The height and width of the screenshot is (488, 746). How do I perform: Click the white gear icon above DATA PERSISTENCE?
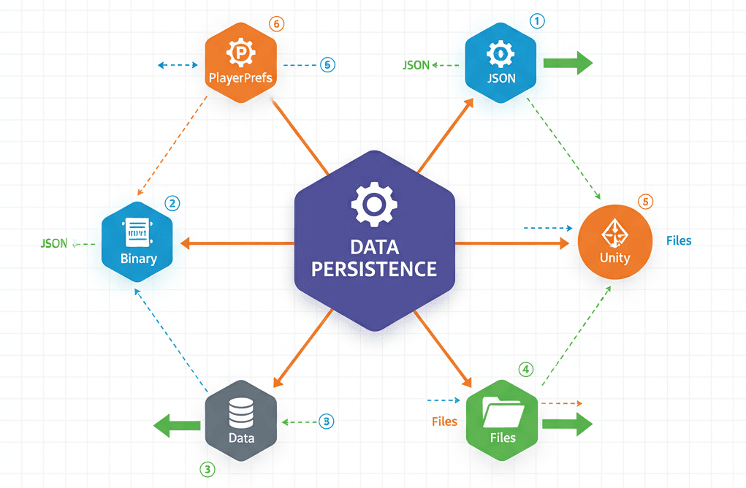(373, 204)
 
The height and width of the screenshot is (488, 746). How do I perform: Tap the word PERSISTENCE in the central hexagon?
(373, 268)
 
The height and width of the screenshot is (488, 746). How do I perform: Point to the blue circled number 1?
(537, 21)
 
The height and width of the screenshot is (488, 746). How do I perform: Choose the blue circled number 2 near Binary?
(172, 203)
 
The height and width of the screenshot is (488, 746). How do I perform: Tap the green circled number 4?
(525, 370)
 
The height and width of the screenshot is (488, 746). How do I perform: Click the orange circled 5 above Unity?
(644, 202)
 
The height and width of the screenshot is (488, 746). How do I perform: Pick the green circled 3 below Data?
(208, 469)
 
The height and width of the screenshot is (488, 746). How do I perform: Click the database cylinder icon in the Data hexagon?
(240, 413)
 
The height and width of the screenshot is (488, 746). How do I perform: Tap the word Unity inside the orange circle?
(614, 258)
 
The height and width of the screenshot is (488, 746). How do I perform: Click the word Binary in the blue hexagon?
(138, 258)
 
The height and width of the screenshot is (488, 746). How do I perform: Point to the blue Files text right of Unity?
(679, 240)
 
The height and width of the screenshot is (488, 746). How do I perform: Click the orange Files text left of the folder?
(444, 422)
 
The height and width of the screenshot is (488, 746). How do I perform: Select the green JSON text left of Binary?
(53, 243)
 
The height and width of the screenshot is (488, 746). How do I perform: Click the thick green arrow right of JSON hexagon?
(568, 63)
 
